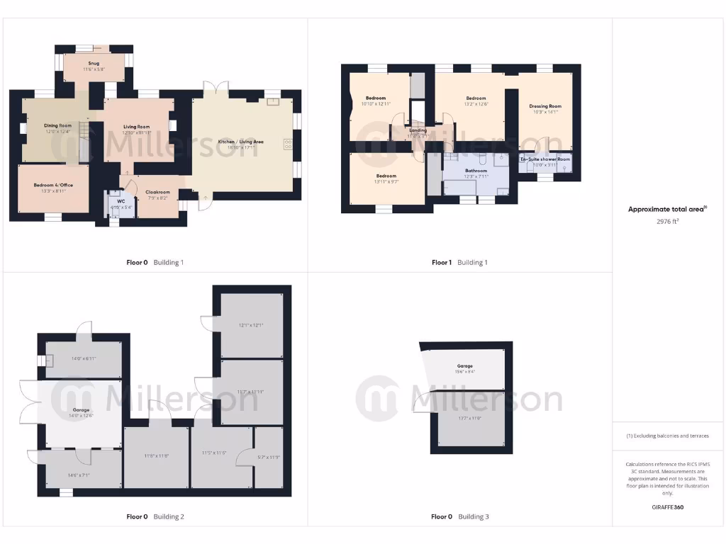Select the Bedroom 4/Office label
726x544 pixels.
53,185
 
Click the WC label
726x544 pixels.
111,201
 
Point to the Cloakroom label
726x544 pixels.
157,192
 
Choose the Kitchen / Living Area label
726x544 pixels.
241,142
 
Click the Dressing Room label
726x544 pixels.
544,106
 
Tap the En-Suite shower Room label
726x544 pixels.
544,159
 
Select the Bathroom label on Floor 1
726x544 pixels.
476,171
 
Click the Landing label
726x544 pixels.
418,130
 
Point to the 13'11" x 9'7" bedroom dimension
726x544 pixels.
386,181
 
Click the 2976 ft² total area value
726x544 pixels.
668,221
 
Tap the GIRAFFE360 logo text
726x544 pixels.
668,507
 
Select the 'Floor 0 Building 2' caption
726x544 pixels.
155,516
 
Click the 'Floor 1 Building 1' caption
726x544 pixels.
459,262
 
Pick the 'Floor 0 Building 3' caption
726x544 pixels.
459,516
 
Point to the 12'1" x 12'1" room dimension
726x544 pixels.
251,325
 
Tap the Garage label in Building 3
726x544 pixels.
464,365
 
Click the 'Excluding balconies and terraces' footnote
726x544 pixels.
668,436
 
